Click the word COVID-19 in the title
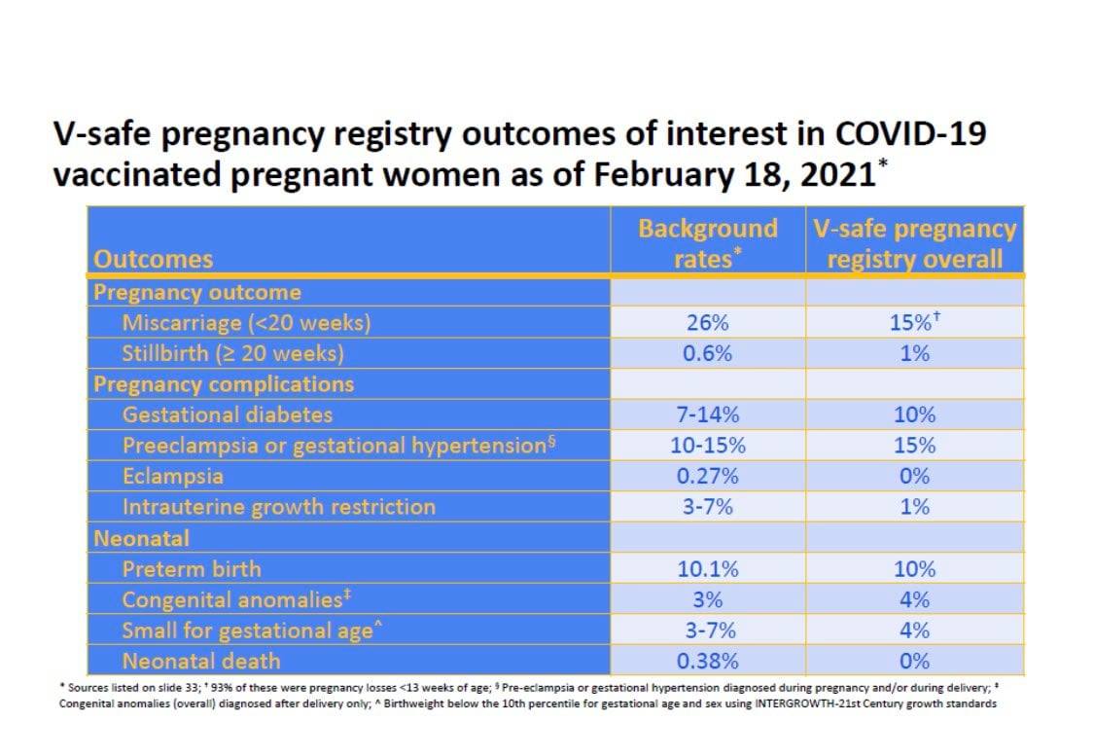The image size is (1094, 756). (910, 132)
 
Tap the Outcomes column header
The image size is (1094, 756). (153, 259)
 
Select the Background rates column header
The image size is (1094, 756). (708, 243)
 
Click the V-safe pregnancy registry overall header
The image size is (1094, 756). (915, 243)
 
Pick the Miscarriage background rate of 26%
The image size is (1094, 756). (708, 322)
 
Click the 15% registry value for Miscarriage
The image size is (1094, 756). (915, 322)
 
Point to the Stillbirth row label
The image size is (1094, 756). (233, 353)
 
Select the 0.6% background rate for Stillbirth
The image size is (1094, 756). (708, 353)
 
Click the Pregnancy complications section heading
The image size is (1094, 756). (224, 384)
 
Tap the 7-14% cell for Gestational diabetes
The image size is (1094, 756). (708, 414)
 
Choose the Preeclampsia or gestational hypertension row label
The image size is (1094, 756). (339, 446)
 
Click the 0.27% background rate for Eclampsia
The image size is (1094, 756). (708, 476)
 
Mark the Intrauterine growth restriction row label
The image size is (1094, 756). (278, 507)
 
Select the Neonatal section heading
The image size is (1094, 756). (141, 538)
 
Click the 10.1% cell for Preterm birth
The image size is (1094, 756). (708, 569)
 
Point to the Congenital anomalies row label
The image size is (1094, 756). (236, 599)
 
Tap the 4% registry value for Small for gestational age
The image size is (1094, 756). (915, 630)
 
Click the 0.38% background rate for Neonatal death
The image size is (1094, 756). (708, 661)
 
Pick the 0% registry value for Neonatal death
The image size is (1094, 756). (915, 661)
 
